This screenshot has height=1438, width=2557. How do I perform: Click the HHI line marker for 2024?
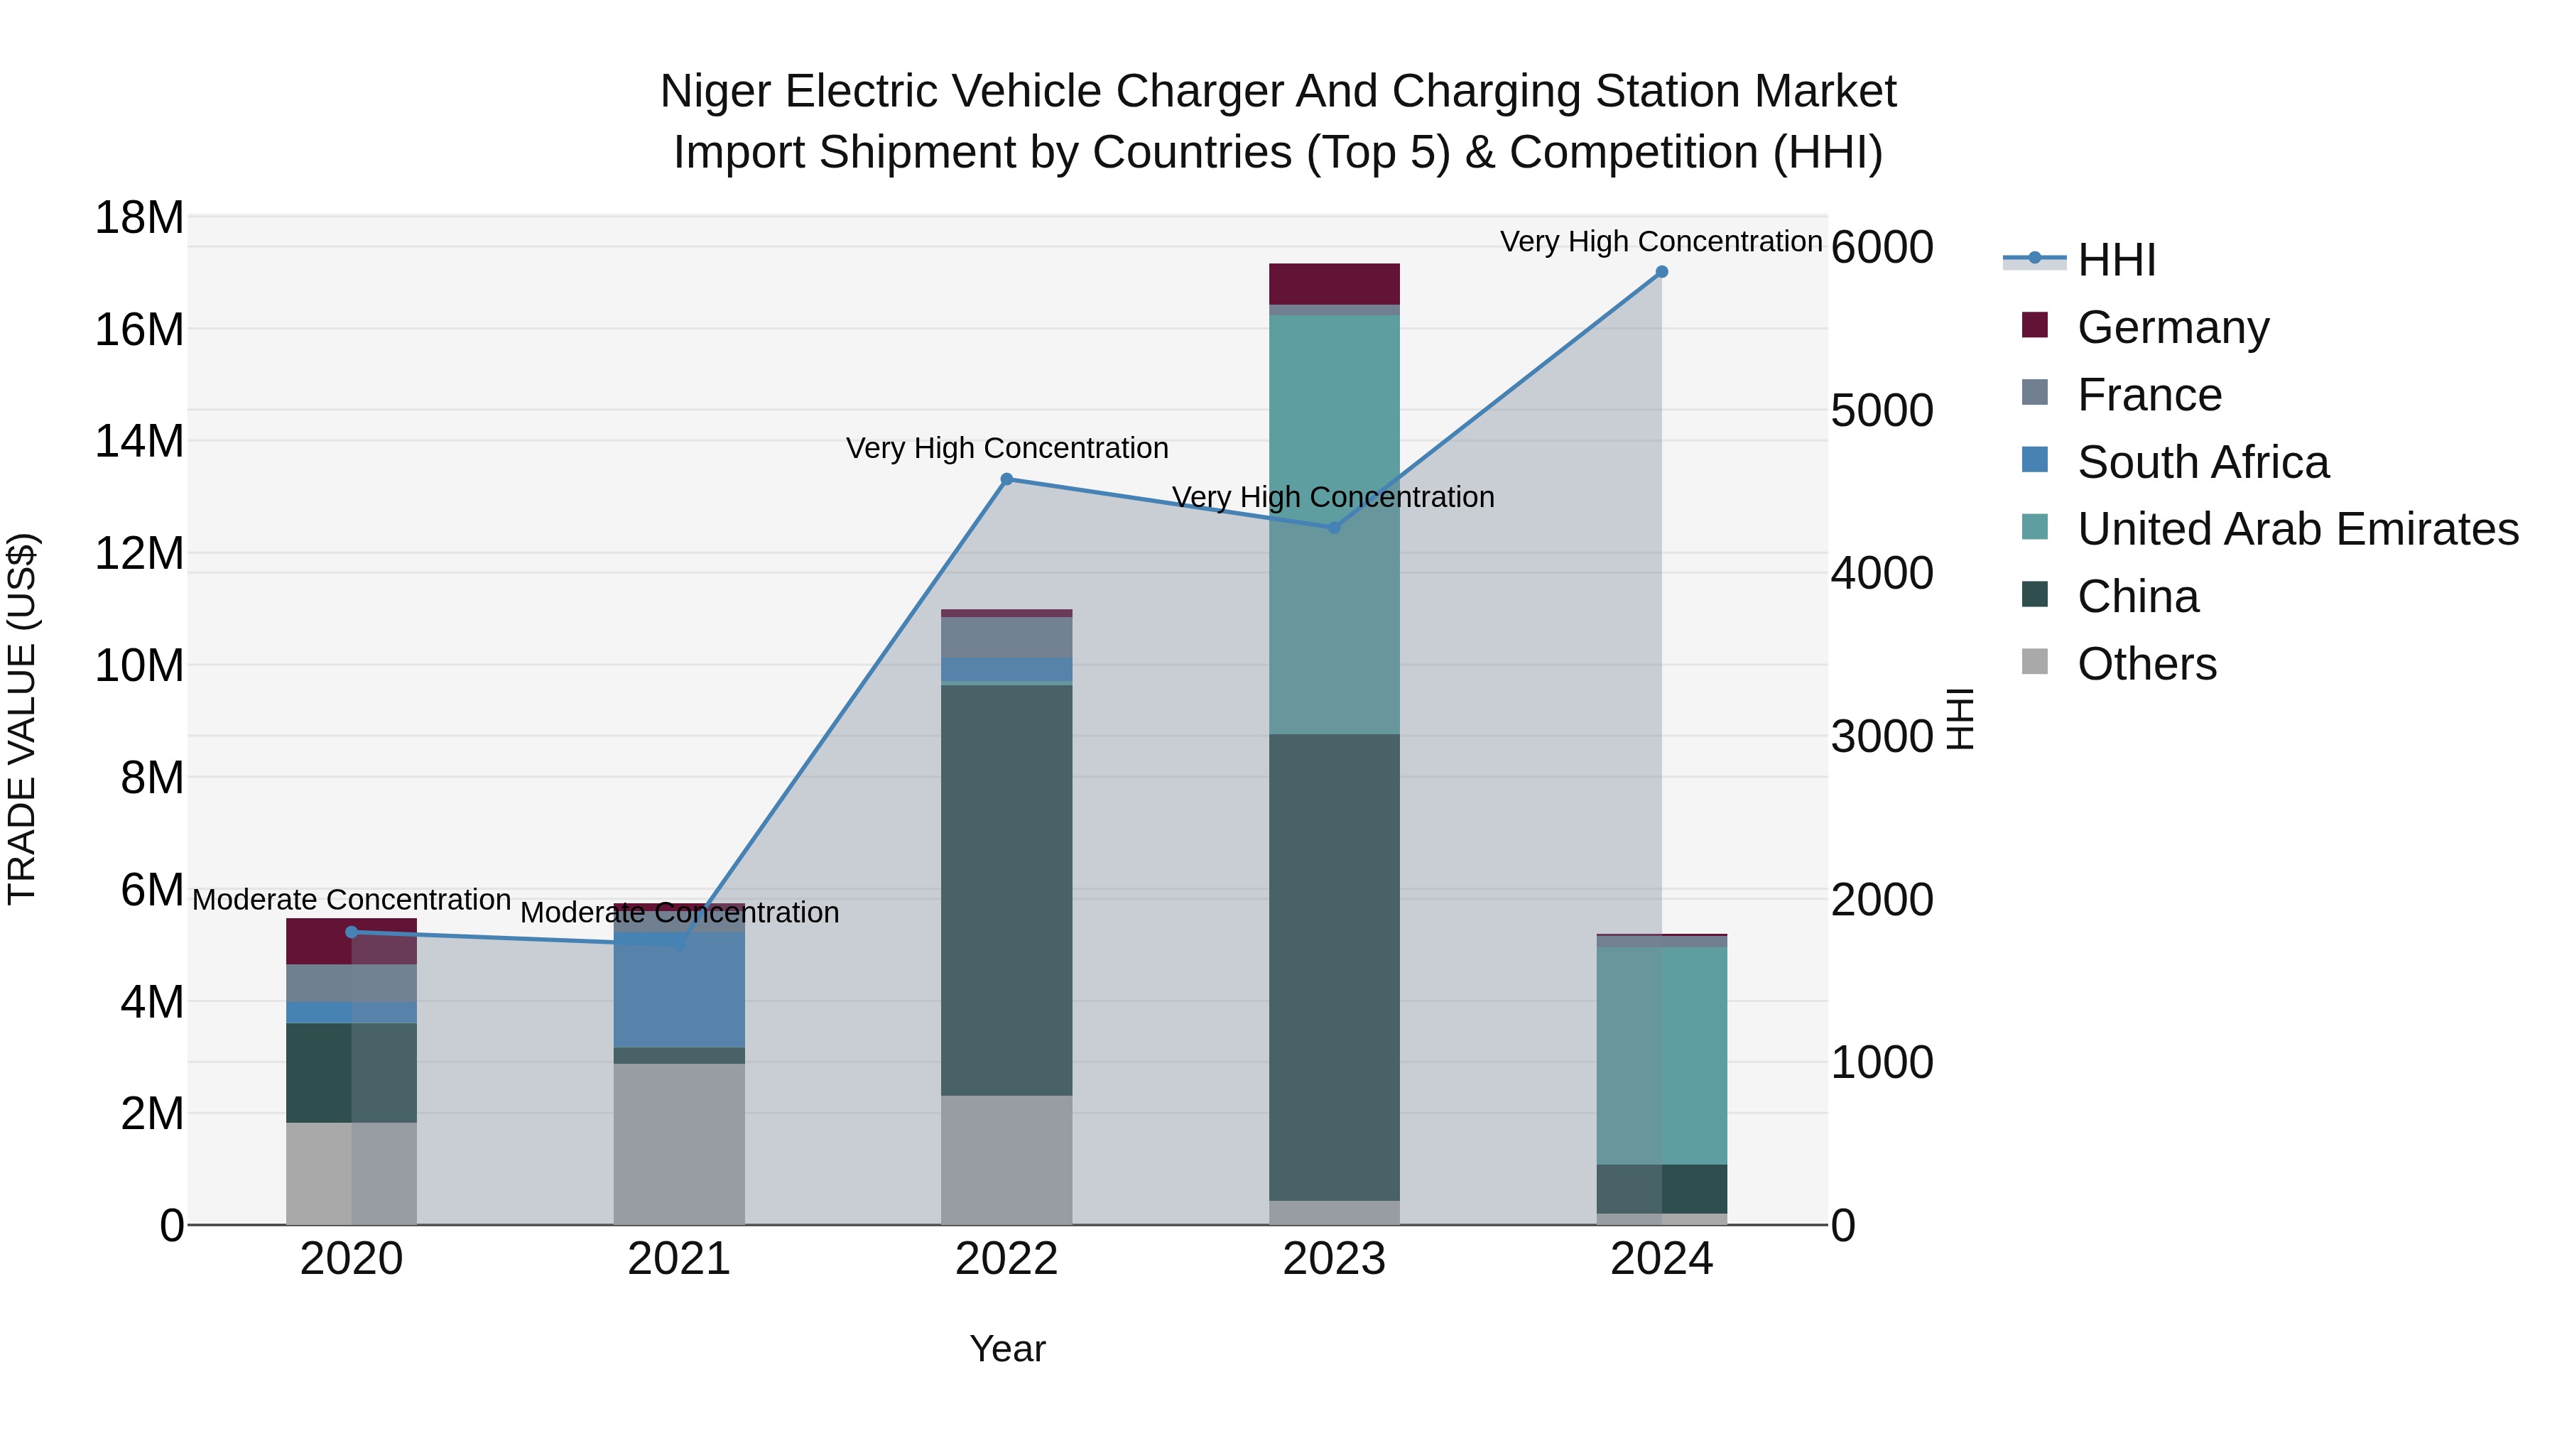[x=1661, y=272]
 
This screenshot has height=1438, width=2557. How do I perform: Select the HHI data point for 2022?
[x=1006, y=479]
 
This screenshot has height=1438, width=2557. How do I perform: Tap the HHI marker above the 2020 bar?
[x=352, y=932]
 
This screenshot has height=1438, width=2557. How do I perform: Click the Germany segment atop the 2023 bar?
[x=1334, y=284]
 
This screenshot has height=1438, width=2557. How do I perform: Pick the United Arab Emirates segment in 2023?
[x=1334, y=526]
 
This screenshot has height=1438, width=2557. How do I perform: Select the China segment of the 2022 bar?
[x=1006, y=890]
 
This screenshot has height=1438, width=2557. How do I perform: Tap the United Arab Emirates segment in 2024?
[x=1661, y=1056]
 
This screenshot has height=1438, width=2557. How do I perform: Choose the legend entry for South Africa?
[x=2202, y=462]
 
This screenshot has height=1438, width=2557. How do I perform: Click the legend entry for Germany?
[x=2172, y=327]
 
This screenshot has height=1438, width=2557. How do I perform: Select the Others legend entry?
[x=2146, y=664]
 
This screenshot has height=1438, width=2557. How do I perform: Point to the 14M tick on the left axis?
[x=139, y=440]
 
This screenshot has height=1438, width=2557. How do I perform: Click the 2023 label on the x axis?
[x=1334, y=1259]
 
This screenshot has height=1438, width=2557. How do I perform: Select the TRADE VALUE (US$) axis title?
[x=22, y=719]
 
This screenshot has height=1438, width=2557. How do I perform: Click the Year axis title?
[x=1006, y=1349]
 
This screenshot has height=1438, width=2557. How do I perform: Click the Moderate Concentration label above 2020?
[x=352, y=900]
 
